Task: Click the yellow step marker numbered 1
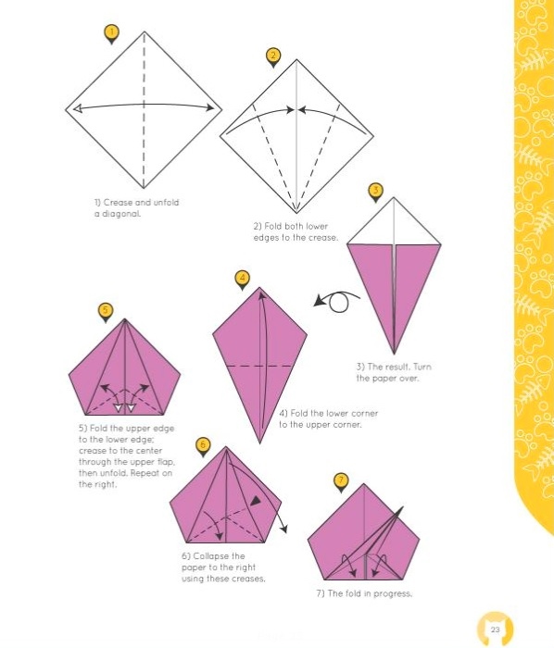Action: [x=111, y=33]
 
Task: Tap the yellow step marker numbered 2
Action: [x=273, y=56]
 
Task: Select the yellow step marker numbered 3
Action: [x=375, y=192]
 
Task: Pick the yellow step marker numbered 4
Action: [x=243, y=279]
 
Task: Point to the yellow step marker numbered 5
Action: [x=106, y=311]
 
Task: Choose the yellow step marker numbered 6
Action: [x=203, y=446]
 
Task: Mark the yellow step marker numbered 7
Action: [x=341, y=481]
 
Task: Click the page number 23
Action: [x=495, y=629]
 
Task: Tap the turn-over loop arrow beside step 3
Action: [x=337, y=301]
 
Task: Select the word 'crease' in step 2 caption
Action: [x=323, y=238]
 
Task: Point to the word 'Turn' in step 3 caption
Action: [x=422, y=367]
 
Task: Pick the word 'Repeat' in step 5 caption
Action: [x=145, y=473]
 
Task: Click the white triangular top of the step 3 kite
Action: [x=394, y=227]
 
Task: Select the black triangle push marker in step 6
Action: [x=256, y=501]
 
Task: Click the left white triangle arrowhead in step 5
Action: [x=119, y=408]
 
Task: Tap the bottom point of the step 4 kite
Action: [x=259, y=443]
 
